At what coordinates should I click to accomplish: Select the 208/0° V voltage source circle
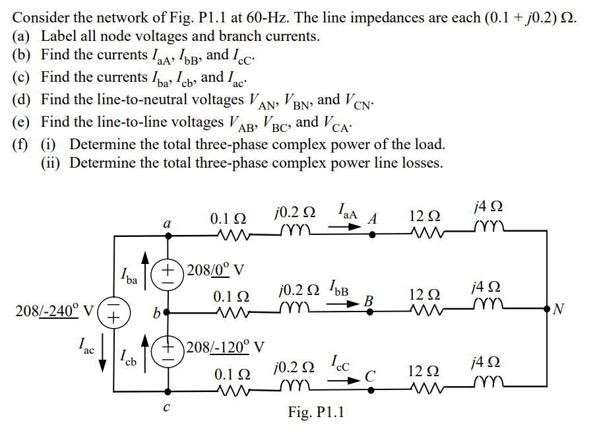click(x=168, y=271)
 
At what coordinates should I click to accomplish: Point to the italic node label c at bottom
click(x=167, y=408)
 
